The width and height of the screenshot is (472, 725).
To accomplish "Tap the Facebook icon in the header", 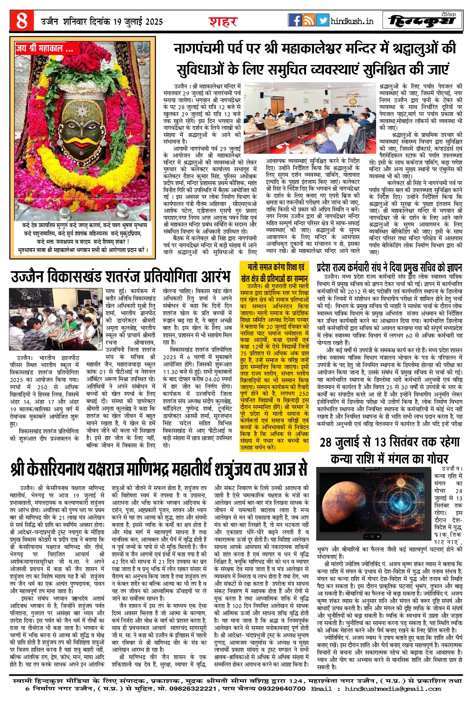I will click(x=295, y=20).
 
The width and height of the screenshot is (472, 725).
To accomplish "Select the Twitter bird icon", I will click(x=322, y=20).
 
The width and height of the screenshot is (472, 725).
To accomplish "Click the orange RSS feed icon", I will click(x=309, y=20).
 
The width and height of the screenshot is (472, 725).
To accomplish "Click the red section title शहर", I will click(x=223, y=21).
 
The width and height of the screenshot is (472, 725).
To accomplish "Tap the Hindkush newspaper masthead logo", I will click(x=422, y=21).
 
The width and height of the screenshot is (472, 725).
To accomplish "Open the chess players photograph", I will click(x=56, y=319).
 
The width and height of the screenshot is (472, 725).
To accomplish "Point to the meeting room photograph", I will click(x=310, y=118).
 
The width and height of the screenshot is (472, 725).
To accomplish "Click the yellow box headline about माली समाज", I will click(x=274, y=273).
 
